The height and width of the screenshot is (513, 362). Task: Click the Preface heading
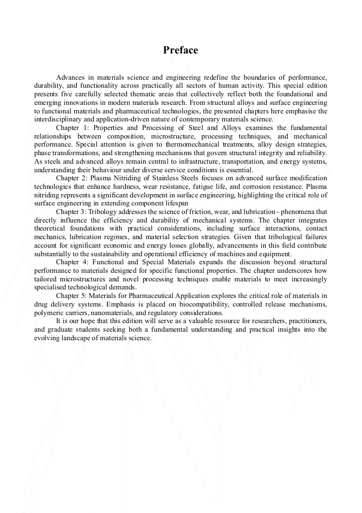180,50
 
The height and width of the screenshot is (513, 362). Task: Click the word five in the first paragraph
67,94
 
